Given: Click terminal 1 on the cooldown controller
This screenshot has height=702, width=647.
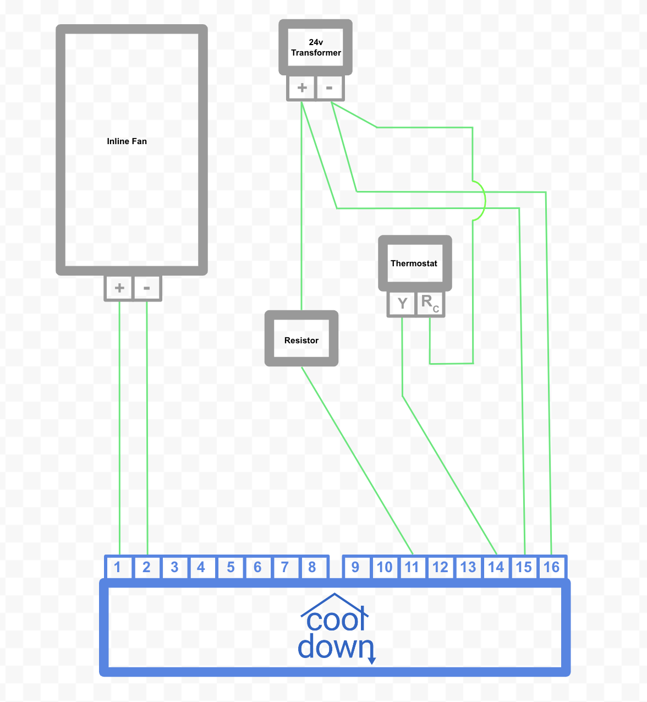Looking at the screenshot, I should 118,567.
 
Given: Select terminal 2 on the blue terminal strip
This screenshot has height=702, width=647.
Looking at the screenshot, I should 146,567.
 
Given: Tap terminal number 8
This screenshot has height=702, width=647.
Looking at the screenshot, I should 312,567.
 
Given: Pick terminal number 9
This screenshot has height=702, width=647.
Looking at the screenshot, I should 355,567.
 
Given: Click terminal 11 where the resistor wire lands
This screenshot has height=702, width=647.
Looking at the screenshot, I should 412,567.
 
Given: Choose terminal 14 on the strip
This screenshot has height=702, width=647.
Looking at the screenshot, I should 496,567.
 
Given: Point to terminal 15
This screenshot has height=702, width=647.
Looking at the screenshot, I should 524,567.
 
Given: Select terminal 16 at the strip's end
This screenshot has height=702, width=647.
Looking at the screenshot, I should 552,567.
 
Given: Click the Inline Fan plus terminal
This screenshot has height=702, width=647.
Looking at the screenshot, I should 119,288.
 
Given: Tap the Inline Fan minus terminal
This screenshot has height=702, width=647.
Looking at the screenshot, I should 147,288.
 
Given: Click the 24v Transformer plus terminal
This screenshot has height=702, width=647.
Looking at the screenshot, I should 302,87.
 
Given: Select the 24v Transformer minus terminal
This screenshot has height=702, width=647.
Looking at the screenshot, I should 330,87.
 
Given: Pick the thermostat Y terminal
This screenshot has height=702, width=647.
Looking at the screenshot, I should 402,303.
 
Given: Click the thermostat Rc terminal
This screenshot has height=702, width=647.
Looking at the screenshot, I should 430,303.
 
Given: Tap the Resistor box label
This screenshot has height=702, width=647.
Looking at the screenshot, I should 301,341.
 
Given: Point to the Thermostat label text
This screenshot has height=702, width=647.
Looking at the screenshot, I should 414,264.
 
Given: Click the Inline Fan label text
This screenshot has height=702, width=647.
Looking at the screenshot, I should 127,141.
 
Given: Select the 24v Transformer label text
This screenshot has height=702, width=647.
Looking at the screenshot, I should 316,48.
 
